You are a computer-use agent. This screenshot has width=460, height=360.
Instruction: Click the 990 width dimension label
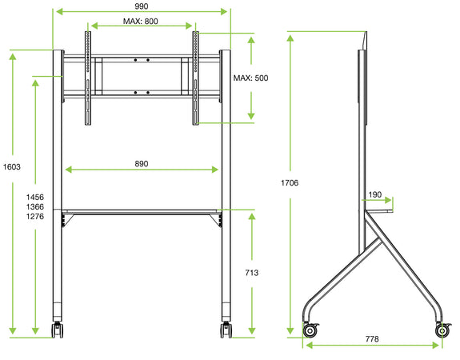point(142,6)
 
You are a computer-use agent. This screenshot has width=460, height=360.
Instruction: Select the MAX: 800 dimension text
point(141,21)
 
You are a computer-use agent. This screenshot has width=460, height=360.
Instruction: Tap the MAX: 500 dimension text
point(250,78)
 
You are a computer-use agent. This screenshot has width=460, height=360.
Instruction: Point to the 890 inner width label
point(142,163)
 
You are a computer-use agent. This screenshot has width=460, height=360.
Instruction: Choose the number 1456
point(35,197)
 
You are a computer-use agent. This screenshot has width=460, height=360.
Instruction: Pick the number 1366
point(35,206)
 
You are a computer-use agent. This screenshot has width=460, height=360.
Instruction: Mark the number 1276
point(35,217)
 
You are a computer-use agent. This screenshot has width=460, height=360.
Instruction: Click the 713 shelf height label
point(251,273)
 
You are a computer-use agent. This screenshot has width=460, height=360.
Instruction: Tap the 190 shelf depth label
point(376,194)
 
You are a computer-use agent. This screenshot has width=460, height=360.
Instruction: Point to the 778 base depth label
point(371,339)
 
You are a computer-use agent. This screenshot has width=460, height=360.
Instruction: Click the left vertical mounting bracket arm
point(86,78)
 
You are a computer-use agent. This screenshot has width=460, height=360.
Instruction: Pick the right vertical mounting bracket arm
point(194,78)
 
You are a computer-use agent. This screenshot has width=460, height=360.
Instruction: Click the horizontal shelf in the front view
point(142,212)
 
